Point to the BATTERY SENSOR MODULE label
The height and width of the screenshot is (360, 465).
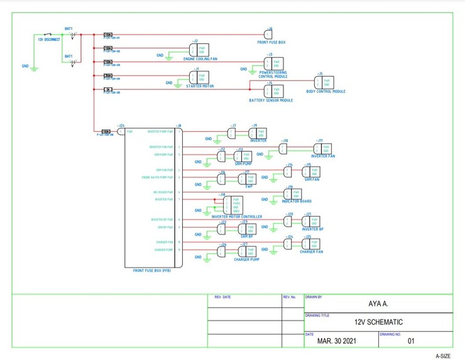(x=271, y=100)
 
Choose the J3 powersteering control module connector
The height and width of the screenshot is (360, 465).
(x=273, y=63)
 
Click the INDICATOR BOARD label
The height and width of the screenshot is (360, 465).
(x=296, y=201)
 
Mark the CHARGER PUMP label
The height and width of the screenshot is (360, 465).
(x=246, y=259)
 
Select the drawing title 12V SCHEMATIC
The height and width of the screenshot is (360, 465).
(x=378, y=322)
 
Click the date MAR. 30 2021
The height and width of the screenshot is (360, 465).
(x=340, y=341)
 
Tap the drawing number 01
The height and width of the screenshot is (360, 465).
(x=412, y=341)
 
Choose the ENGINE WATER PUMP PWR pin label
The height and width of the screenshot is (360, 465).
(x=158, y=178)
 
